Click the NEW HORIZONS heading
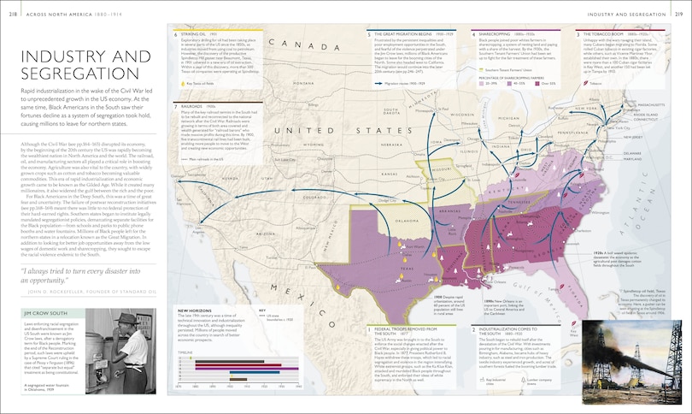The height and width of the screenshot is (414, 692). (x=195, y=310)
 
